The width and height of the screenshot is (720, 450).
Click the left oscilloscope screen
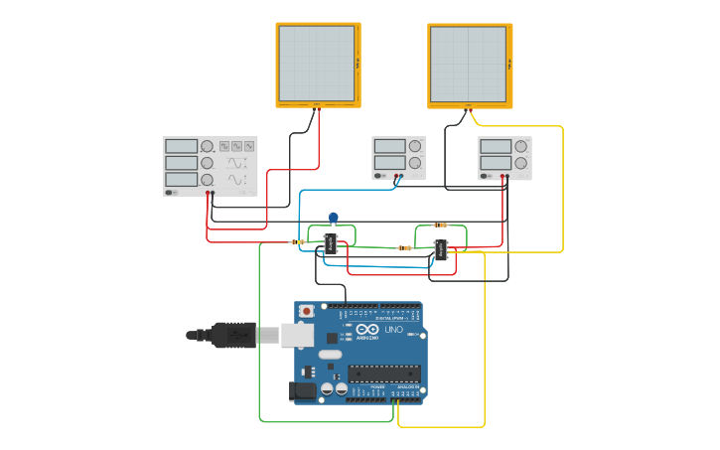coord(317,64)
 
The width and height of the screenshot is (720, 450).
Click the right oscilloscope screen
coord(469,64)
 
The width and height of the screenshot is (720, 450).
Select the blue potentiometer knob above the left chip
coord(333,218)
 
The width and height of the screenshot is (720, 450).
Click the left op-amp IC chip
coord(332,243)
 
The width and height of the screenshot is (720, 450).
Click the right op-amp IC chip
coord(441,251)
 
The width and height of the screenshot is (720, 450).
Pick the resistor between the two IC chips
coord(405,247)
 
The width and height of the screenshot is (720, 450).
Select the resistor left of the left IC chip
coord(297,241)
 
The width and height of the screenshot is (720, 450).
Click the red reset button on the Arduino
coord(306,311)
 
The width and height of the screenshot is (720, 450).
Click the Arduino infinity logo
coord(366,330)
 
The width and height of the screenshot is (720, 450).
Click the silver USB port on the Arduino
coord(297,336)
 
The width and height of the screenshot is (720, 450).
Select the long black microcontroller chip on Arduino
coord(383,374)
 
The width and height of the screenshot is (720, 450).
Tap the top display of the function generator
coord(182,146)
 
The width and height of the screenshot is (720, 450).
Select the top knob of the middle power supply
coord(414,146)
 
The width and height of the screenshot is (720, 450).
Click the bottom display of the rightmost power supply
coord(494,162)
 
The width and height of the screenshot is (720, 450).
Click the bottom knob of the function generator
coord(207,179)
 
